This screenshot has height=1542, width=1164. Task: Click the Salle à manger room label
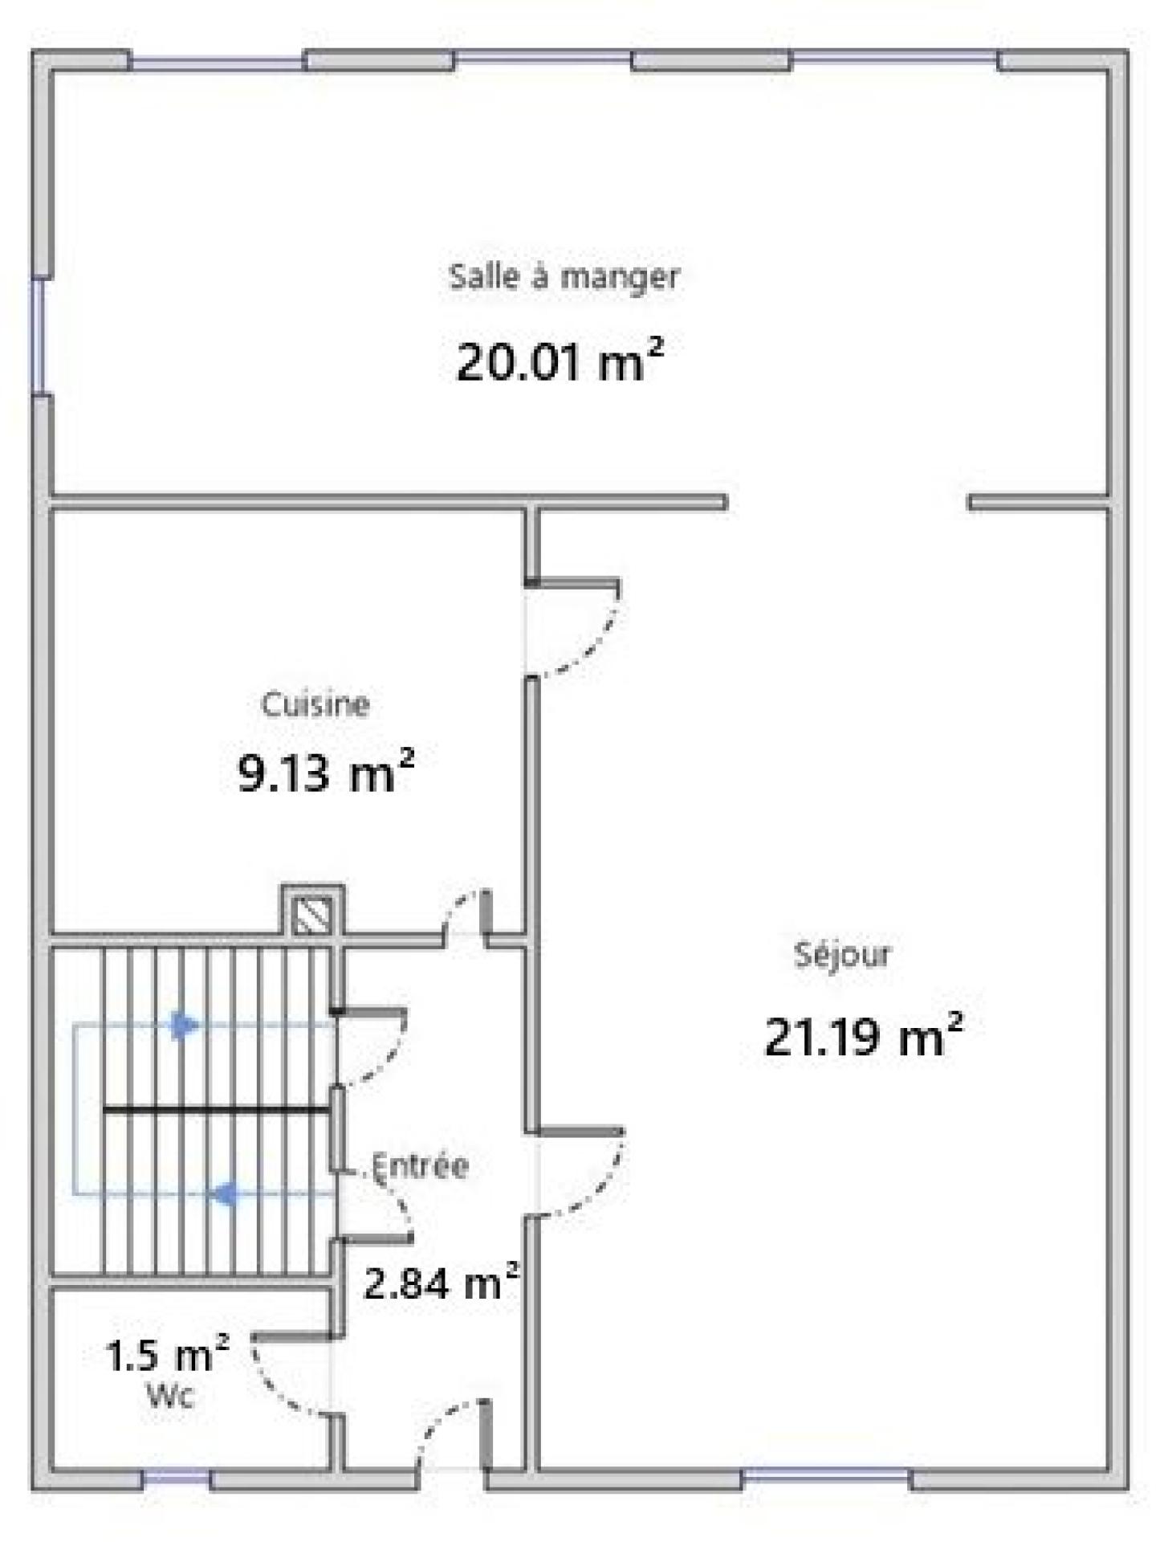pyautogui.click(x=564, y=277)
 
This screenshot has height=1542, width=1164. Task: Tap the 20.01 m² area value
pyautogui.click(x=560, y=361)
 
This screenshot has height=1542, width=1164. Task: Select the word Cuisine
pyautogui.click(x=315, y=704)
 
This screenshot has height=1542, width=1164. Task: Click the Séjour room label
pyautogui.click(x=842, y=955)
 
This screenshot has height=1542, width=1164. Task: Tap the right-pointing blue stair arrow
pyautogui.click(x=185, y=1025)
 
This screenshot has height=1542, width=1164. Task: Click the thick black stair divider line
pyautogui.click(x=217, y=1110)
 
